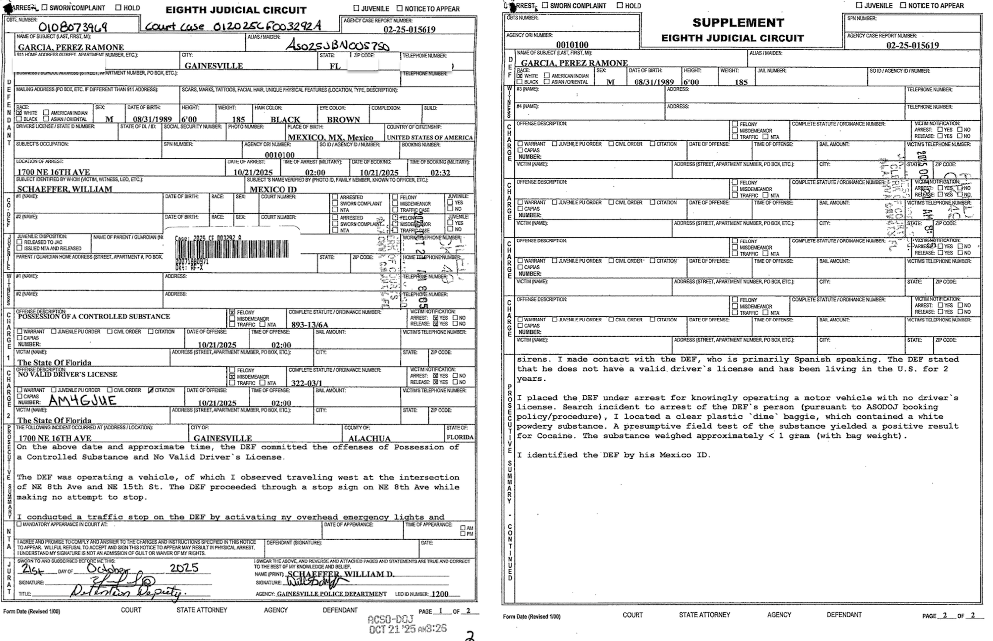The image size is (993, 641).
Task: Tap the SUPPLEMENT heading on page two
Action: (738, 23)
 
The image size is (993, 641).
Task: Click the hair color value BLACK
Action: (285, 120)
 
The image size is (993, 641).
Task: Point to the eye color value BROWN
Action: (344, 120)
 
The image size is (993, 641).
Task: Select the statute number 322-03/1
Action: (306, 383)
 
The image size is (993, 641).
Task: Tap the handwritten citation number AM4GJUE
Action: (82, 401)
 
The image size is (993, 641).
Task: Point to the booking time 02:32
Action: (440, 173)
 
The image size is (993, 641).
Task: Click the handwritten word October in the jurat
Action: (108, 569)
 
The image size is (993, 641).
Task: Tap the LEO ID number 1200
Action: (440, 594)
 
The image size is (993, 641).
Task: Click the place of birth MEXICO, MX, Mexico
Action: (331, 137)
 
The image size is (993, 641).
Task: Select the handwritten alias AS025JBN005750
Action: (338, 46)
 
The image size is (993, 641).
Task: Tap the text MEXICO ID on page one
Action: (273, 189)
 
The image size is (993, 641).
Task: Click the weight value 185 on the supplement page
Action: (741, 82)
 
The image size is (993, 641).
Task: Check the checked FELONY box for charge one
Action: (232, 312)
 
